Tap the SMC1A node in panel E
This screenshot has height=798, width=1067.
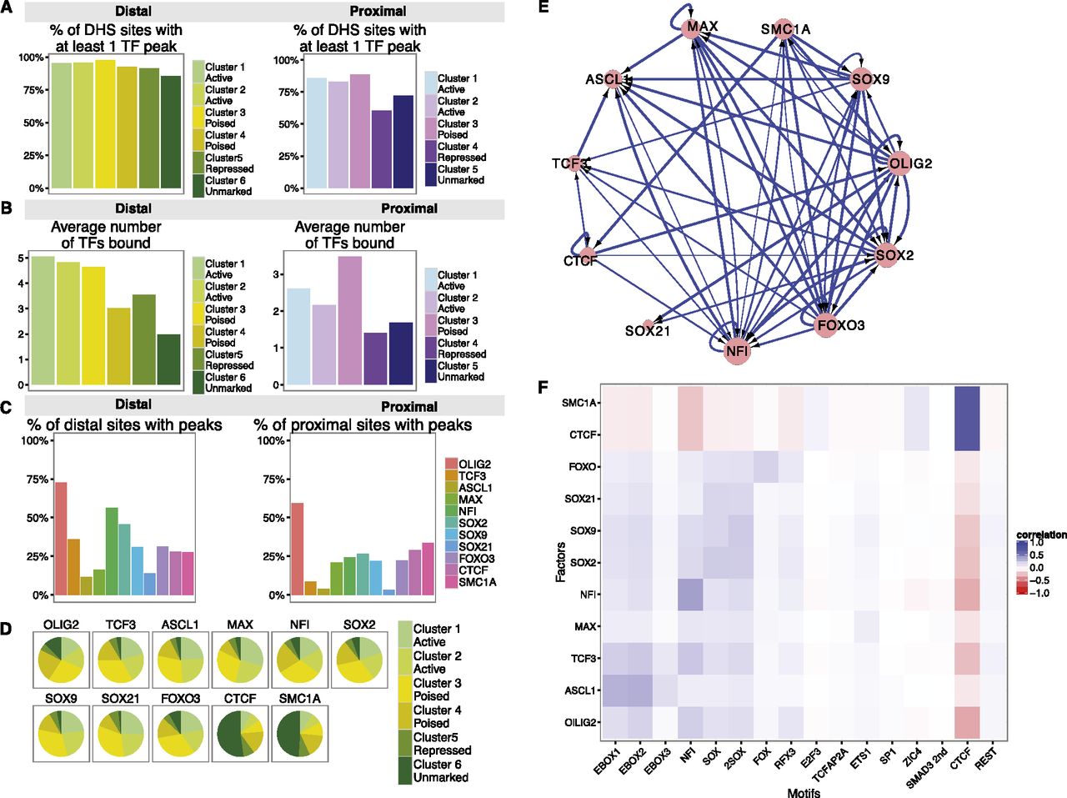pos(782,29)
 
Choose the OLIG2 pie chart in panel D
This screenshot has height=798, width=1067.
pos(61,660)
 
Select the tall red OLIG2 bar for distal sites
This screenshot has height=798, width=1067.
pos(61,539)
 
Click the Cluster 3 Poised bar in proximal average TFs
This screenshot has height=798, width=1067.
pos(350,322)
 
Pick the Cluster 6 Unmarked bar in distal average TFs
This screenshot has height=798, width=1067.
pos(169,359)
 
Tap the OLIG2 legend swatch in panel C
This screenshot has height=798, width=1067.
pos(451,464)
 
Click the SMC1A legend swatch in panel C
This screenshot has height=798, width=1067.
pos(451,581)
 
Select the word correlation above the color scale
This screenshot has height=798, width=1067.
pos(1041,535)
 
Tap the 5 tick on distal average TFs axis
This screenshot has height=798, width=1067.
pos(22,258)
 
